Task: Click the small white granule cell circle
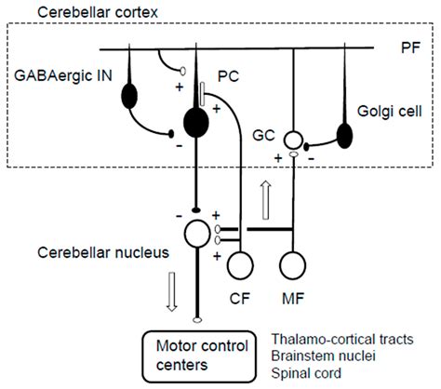click(x=293, y=141)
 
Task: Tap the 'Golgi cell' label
click(x=386, y=112)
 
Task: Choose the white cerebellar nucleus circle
click(x=196, y=232)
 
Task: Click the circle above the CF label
click(x=241, y=263)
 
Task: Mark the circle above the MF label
click(x=294, y=263)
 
